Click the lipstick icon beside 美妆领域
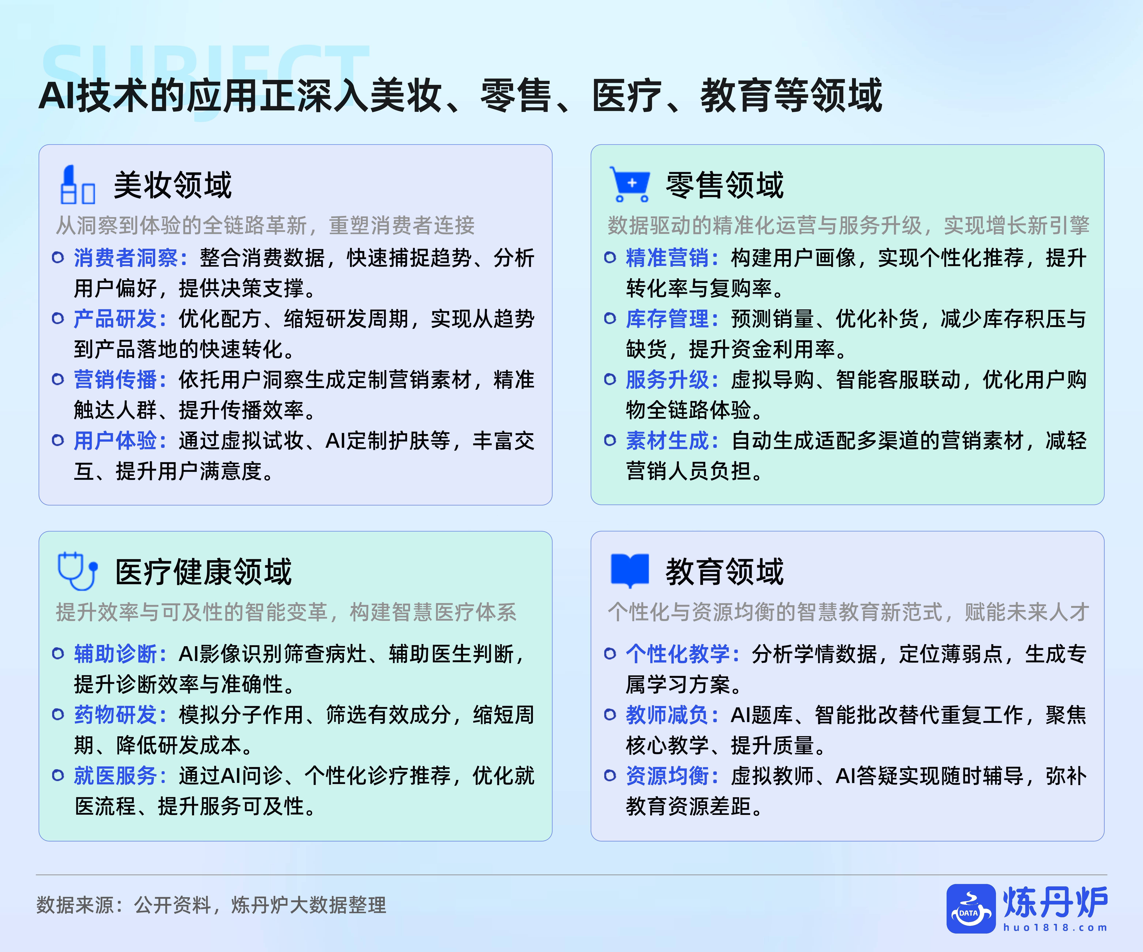point(77,185)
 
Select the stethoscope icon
point(77,571)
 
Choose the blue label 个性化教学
point(678,654)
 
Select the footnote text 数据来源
point(75,905)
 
